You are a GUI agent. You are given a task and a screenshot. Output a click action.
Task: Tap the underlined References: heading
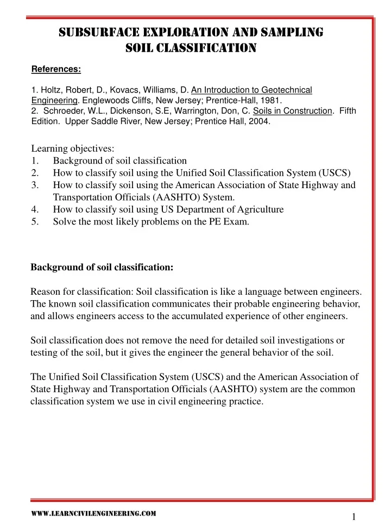pos(56,69)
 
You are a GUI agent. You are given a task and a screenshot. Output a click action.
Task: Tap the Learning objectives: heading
pos(72,148)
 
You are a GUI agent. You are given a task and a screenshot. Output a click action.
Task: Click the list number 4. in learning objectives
pos(35,209)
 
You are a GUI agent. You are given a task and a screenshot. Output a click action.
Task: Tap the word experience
pos(273,316)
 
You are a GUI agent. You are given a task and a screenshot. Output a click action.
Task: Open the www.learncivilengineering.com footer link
pos(93,512)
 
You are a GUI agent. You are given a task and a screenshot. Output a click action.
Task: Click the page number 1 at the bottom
pos(354,517)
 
